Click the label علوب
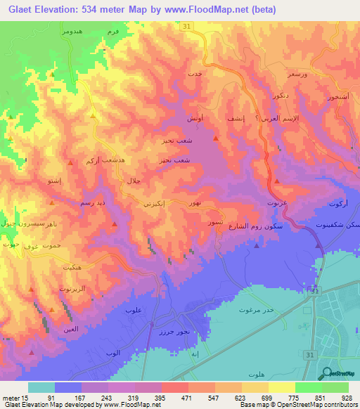pyautogui.click(x=134, y=310)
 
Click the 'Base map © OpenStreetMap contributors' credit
pyautogui.click(x=298, y=405)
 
